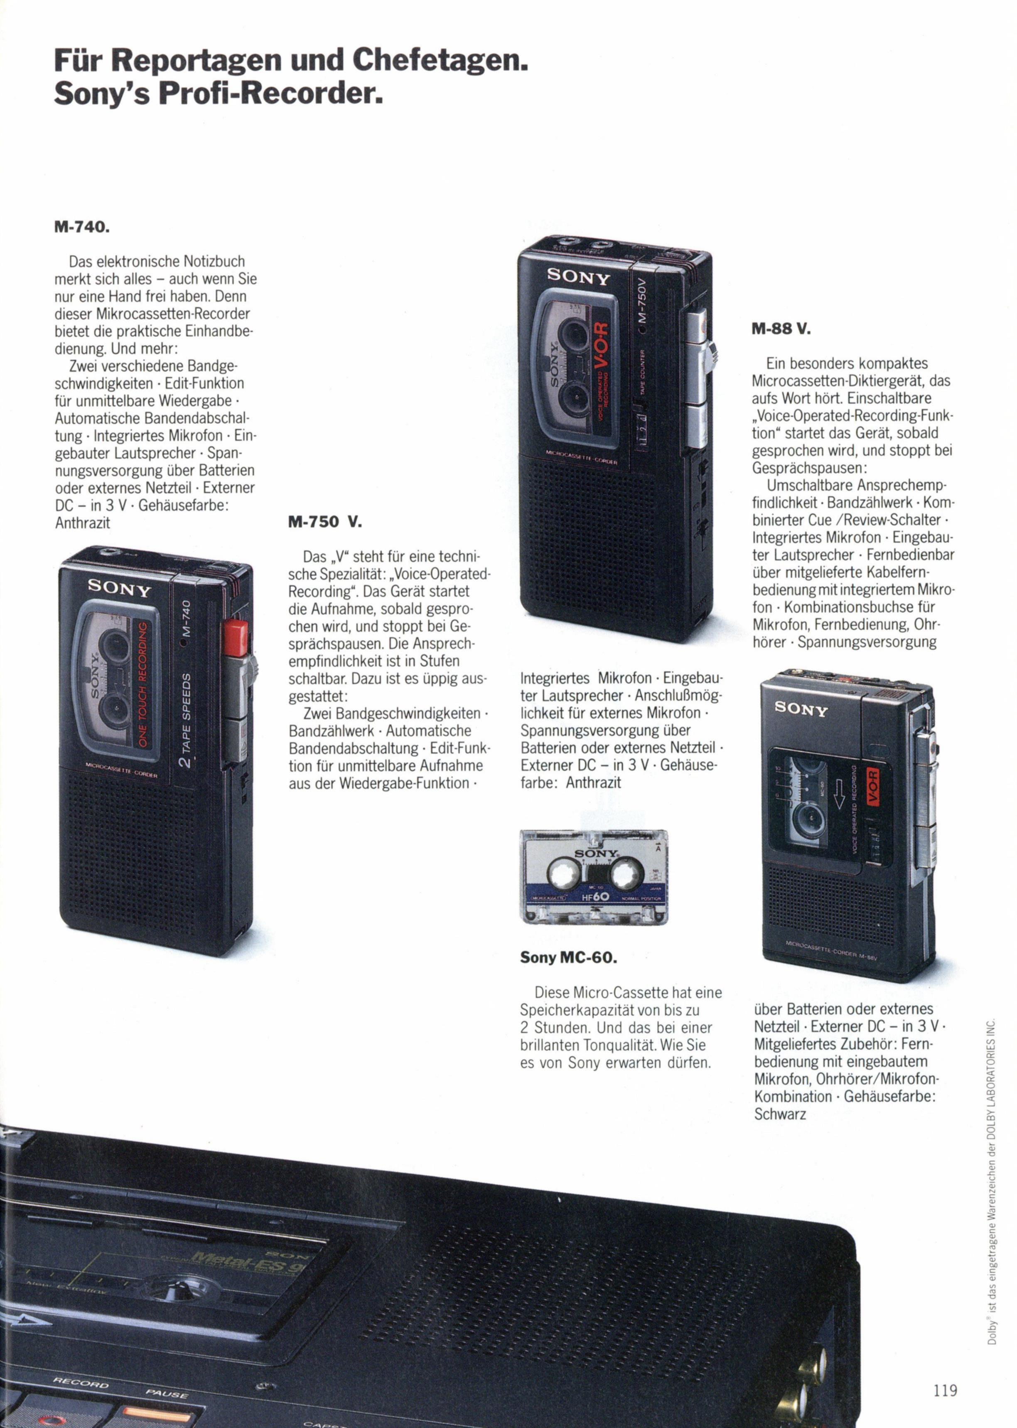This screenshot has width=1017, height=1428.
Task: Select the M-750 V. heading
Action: [325, 521]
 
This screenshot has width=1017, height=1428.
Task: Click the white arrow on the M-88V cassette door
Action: [840, 800]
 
